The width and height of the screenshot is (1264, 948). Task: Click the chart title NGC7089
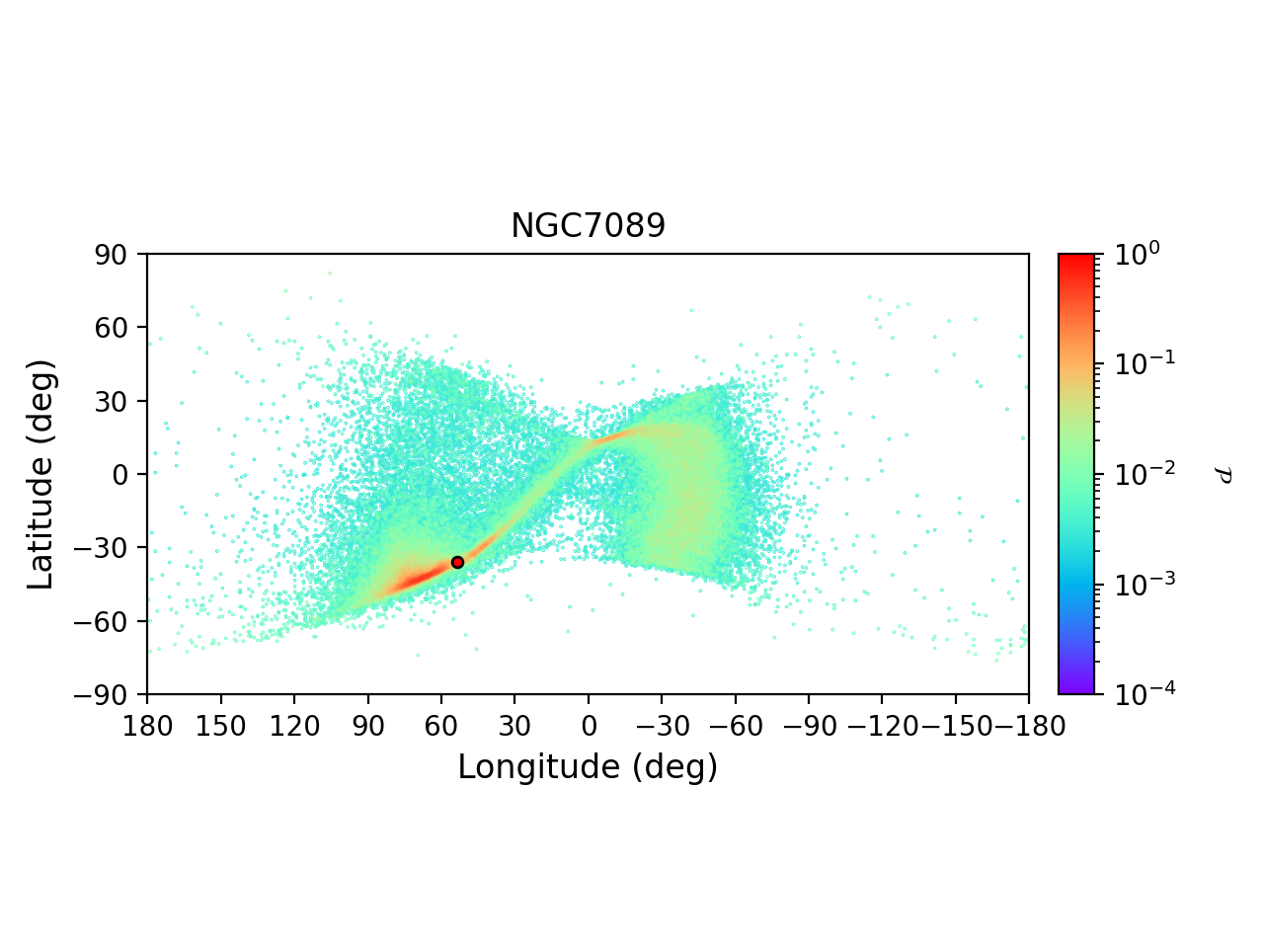point(588,227)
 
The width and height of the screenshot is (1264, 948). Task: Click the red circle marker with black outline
point(457,562)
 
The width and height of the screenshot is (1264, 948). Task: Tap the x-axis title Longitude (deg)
point(588,767)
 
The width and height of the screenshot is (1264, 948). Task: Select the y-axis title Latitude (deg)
point(41,474)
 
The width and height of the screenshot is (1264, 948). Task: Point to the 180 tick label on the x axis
point(148,727)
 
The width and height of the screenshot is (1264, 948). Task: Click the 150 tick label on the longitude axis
point(221,727)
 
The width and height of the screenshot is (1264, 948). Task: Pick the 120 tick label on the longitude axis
point(294,727)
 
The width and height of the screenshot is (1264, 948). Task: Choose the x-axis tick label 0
point(589,727)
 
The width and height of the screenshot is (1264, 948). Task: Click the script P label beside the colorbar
point(1224,475)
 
